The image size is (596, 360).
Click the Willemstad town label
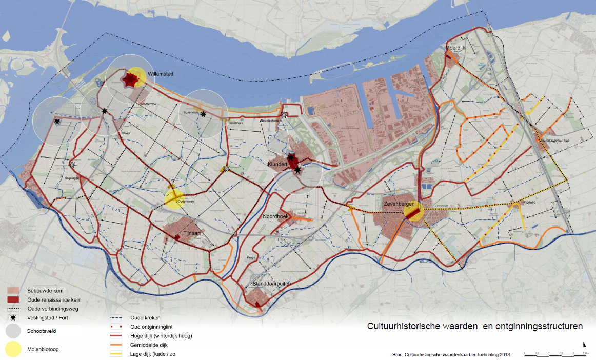[161, 74]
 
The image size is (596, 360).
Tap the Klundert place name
[277, 165]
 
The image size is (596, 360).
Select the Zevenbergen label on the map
[399, 205]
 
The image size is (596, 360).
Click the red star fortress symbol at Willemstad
[130, 79]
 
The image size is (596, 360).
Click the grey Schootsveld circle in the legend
[13, 331]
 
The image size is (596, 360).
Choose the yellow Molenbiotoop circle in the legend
[13, 349]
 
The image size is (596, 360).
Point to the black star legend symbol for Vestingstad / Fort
[13, 318]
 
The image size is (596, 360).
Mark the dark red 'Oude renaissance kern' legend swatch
[13, 299]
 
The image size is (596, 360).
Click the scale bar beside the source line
[556, 353]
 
